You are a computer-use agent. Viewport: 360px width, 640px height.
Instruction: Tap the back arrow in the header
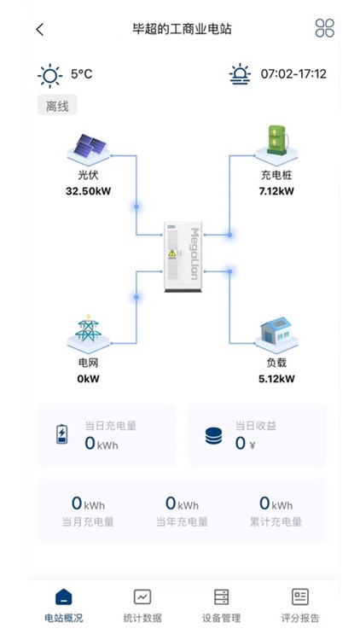(x=39, y=29)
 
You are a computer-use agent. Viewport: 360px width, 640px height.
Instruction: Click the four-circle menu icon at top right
(x=324, y=28)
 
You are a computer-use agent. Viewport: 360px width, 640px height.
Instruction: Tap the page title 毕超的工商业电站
(x=182, y=29)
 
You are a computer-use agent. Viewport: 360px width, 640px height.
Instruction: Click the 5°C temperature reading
(x=82, y=74)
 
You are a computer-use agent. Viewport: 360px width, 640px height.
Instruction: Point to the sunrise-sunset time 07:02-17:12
(x=293, y=74)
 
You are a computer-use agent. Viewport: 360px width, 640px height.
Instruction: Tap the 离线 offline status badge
(x=58, y=106)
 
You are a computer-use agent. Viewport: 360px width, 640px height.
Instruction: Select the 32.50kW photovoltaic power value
(x=89, y=190)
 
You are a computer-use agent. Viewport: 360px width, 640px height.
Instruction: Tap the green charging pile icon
(x=276, y=143)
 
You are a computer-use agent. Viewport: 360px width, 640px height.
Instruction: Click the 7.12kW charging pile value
(x=276, y=190)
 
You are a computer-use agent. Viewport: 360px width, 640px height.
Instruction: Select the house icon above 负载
(x=276, y=334)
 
